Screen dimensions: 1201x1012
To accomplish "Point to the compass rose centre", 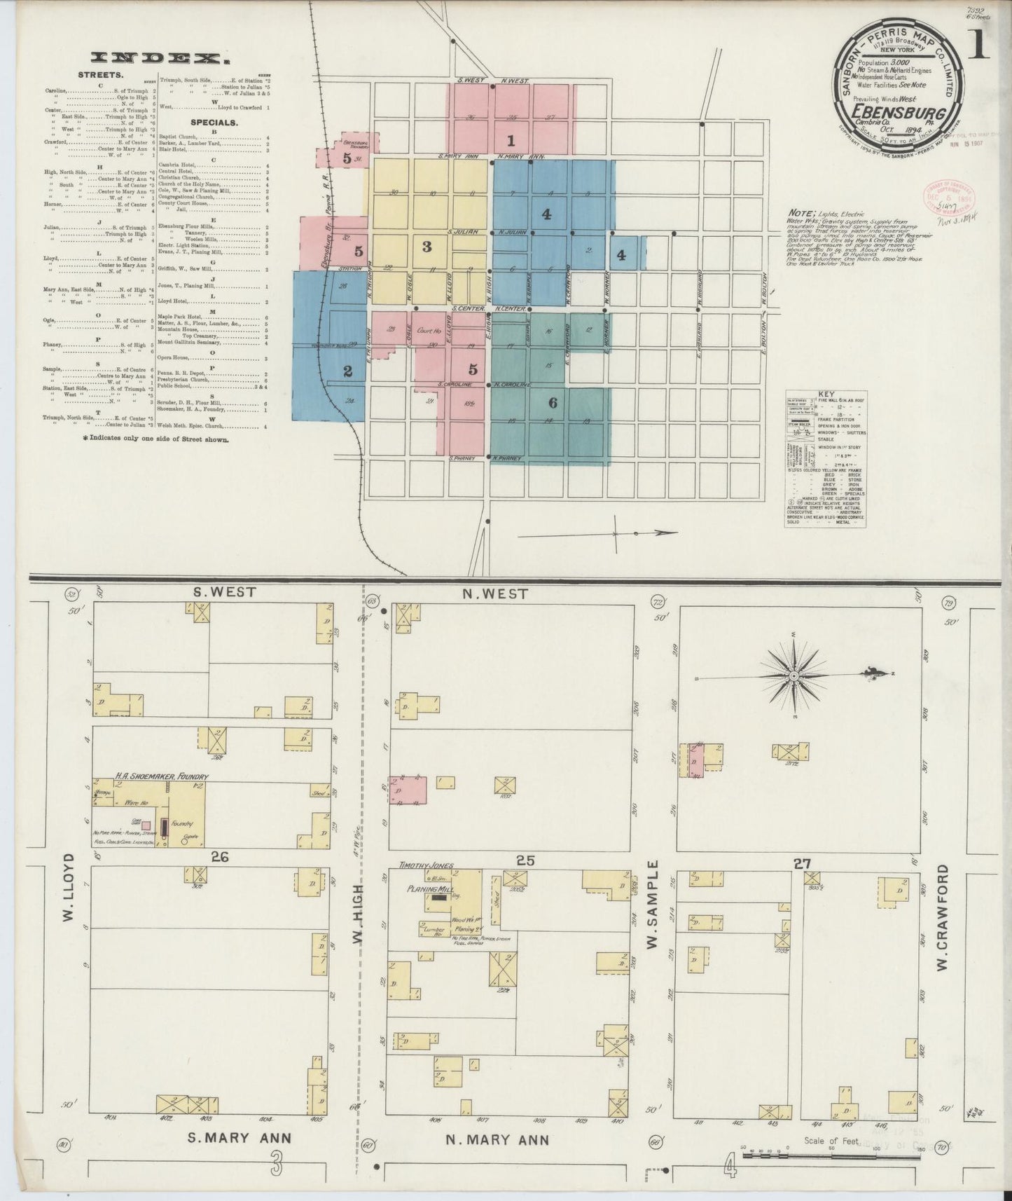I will tap(794, 676).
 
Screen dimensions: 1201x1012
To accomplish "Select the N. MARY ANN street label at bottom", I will tap(498, 1139).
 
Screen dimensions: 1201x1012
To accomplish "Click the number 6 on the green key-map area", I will tap(553, 403).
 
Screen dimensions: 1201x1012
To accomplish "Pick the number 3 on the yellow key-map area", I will tap(426, 247).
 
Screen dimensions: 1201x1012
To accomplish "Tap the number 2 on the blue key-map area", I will tap(347, 371).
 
